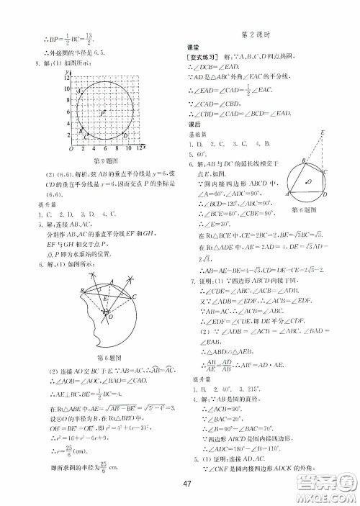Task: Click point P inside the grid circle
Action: coord(102,114)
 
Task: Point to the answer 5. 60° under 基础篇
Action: coord(199,153)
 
